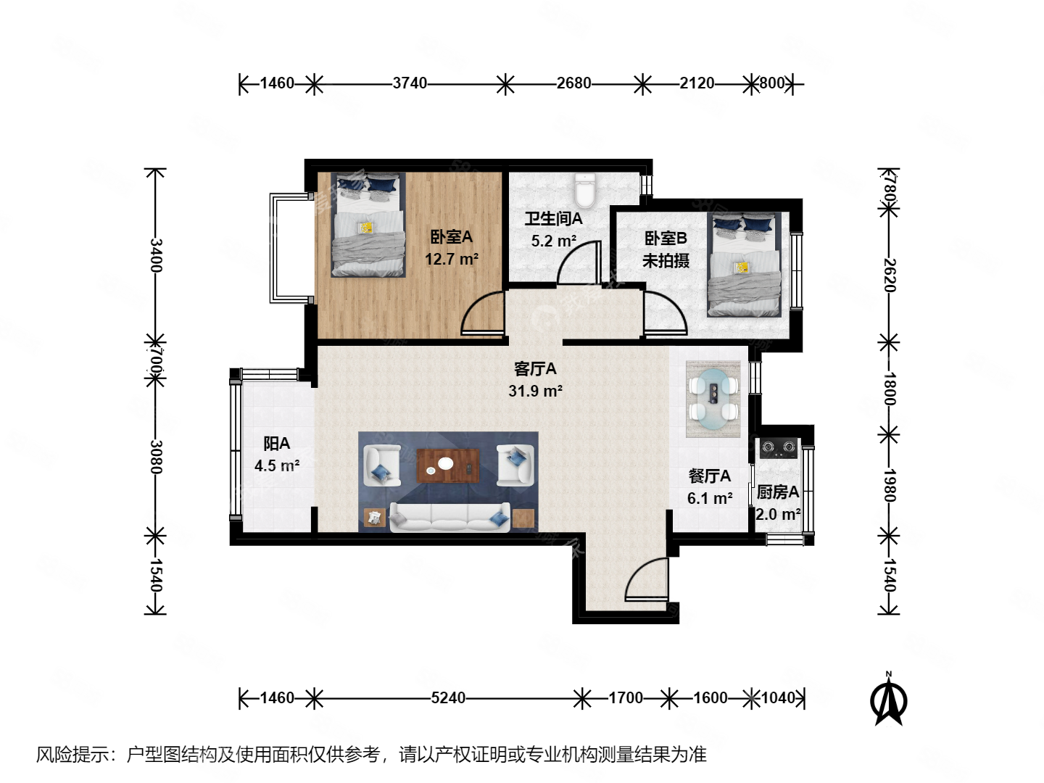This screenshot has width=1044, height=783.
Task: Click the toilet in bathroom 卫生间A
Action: click(584, 190)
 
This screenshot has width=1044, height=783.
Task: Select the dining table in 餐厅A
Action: click(713, 398)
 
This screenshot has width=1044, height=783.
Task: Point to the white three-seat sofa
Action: click(449, 518)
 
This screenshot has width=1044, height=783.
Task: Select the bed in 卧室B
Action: click(744, 265)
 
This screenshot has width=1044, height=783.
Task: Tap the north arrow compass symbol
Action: click(888, 700)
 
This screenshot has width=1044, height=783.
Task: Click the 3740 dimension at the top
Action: click(410, 83)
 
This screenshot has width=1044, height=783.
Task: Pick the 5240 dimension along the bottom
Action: click(448, 698)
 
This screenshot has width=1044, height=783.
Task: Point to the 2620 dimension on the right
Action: click(890, 275)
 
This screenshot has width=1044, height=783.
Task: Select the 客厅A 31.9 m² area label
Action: click(535, 380)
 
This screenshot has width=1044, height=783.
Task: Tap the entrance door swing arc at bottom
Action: click(647, 580)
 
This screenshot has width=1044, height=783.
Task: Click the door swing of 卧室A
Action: click(482, 313)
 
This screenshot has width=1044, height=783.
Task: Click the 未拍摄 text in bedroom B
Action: click(666, 261)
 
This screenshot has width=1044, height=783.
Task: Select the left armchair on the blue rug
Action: click(381, 465)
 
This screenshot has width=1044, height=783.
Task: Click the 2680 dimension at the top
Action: click(573, 83)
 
